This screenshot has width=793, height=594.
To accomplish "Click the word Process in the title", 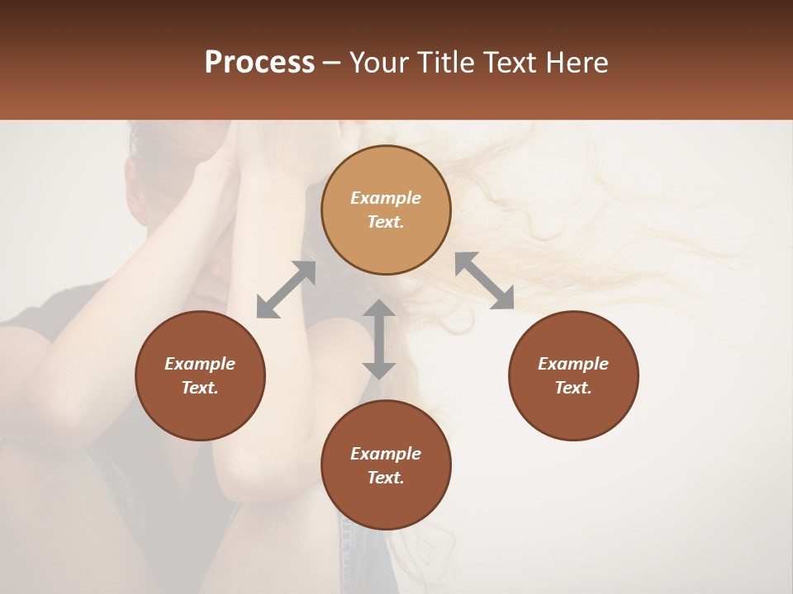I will pyautogui.click(x=259, y=63).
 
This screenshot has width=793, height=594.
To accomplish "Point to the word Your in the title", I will pyautogui.click(x=379, y=63).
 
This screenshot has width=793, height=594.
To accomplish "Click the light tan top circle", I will pyautogui.click(x=386, y=210).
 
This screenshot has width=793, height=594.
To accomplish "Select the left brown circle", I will pyautogui.click(x=200, y=375).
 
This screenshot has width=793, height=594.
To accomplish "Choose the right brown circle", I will pyautogui.click(x=573, y=375).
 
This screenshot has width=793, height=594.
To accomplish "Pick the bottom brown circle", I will pyautogui.click(x=386, y=465).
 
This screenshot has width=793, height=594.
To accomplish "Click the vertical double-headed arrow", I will pyautogui.click(x=379, y=339).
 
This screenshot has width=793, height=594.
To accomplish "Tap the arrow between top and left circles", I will pyautogui.click(x=286, y=289).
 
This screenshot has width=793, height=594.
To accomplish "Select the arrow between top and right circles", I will pyautogui.click(x=485, y=280).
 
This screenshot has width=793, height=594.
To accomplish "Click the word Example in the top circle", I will pyautogui.click(x=386, y=198).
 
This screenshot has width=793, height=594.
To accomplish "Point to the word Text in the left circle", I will pyautogui.click(x=200, y=388).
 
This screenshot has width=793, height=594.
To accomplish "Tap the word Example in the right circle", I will pyautogui.click(x=573, y=364).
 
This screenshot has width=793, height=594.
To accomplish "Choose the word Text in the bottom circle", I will pyautogui.click(x=386, y=478).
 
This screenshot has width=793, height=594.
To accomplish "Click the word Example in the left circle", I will pyautogui.click(x=200, y=364).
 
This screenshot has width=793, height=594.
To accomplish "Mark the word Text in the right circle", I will pyautogui.click(x=573, y=388).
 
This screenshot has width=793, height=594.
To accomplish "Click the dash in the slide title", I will pyautogui.click(x=331, y=63).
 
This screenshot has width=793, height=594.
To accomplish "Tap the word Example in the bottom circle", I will pyautogui.click(x=386, y=454).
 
